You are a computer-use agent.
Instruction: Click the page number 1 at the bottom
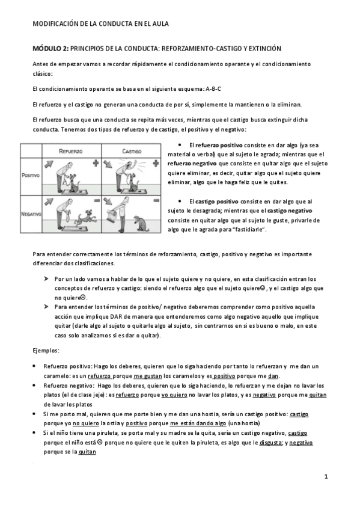[325, 477]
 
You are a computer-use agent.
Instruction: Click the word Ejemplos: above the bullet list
[46, 349]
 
